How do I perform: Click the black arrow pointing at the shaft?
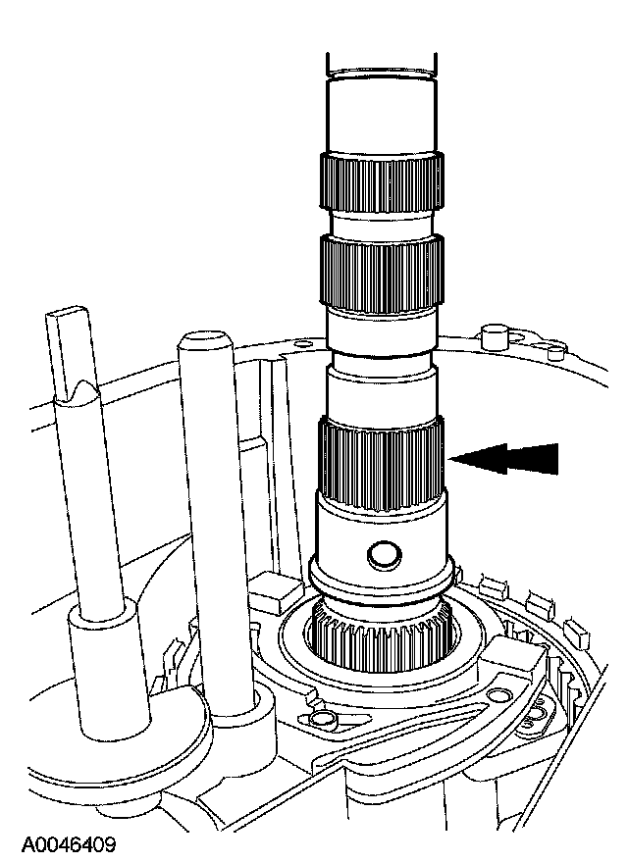tap(504, 458)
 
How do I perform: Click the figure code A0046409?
tap(69, 844)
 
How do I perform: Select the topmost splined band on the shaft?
tap(381, 182)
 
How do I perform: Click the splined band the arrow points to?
tap(381, 464)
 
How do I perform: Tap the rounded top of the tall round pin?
tap(203, 340)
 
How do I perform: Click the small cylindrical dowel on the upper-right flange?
tap(493, 336)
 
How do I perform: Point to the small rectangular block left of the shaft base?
tap(277, 590)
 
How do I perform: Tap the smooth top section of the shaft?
tap(381, 116)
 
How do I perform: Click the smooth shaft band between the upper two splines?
tap(381, 224)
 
